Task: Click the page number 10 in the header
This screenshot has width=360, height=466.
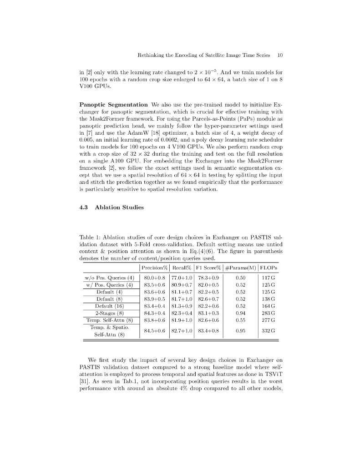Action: [x=280, y=56]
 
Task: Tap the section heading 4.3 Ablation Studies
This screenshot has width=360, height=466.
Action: [x=112, y=208]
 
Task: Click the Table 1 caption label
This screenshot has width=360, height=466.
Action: [x=91, y=237]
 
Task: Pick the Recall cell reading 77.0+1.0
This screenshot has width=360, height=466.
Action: [x=182, y=278]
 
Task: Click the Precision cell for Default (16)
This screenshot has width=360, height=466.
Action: [x=154, y=306]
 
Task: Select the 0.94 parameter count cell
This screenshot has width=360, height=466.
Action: [x=241, y=313]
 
